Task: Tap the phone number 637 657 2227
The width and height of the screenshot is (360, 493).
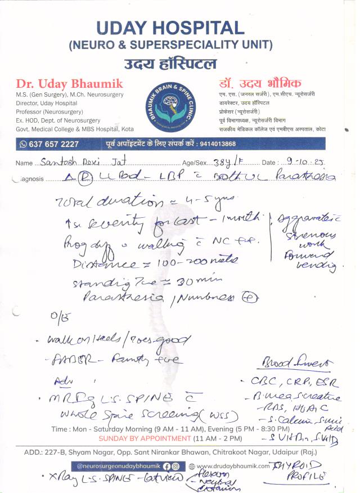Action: [x=54, y=144]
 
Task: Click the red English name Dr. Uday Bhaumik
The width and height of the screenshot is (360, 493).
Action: [x=69, y=83]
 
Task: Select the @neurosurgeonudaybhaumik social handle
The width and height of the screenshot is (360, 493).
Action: [x=118, y=466]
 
